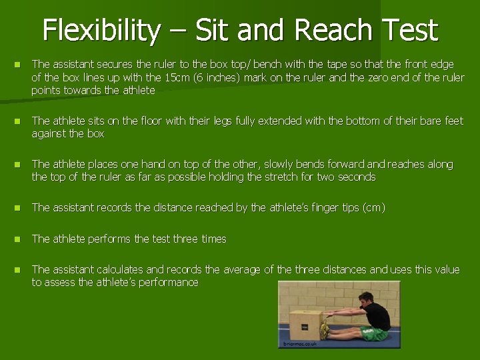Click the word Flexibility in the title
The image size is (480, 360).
click(101, 31)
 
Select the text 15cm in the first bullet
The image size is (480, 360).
click(177, 77)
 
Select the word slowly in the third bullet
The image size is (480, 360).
click(283, 165)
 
